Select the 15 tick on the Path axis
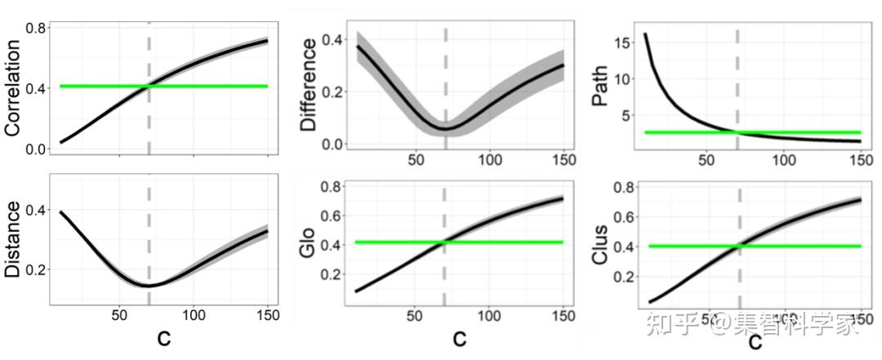[x=624, y=41]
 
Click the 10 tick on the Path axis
[x=624, y=78]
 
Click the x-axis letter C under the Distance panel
[x=164, y=339]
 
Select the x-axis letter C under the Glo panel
[x=461, y=339]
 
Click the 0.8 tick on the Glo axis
[x=330, y=186]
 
